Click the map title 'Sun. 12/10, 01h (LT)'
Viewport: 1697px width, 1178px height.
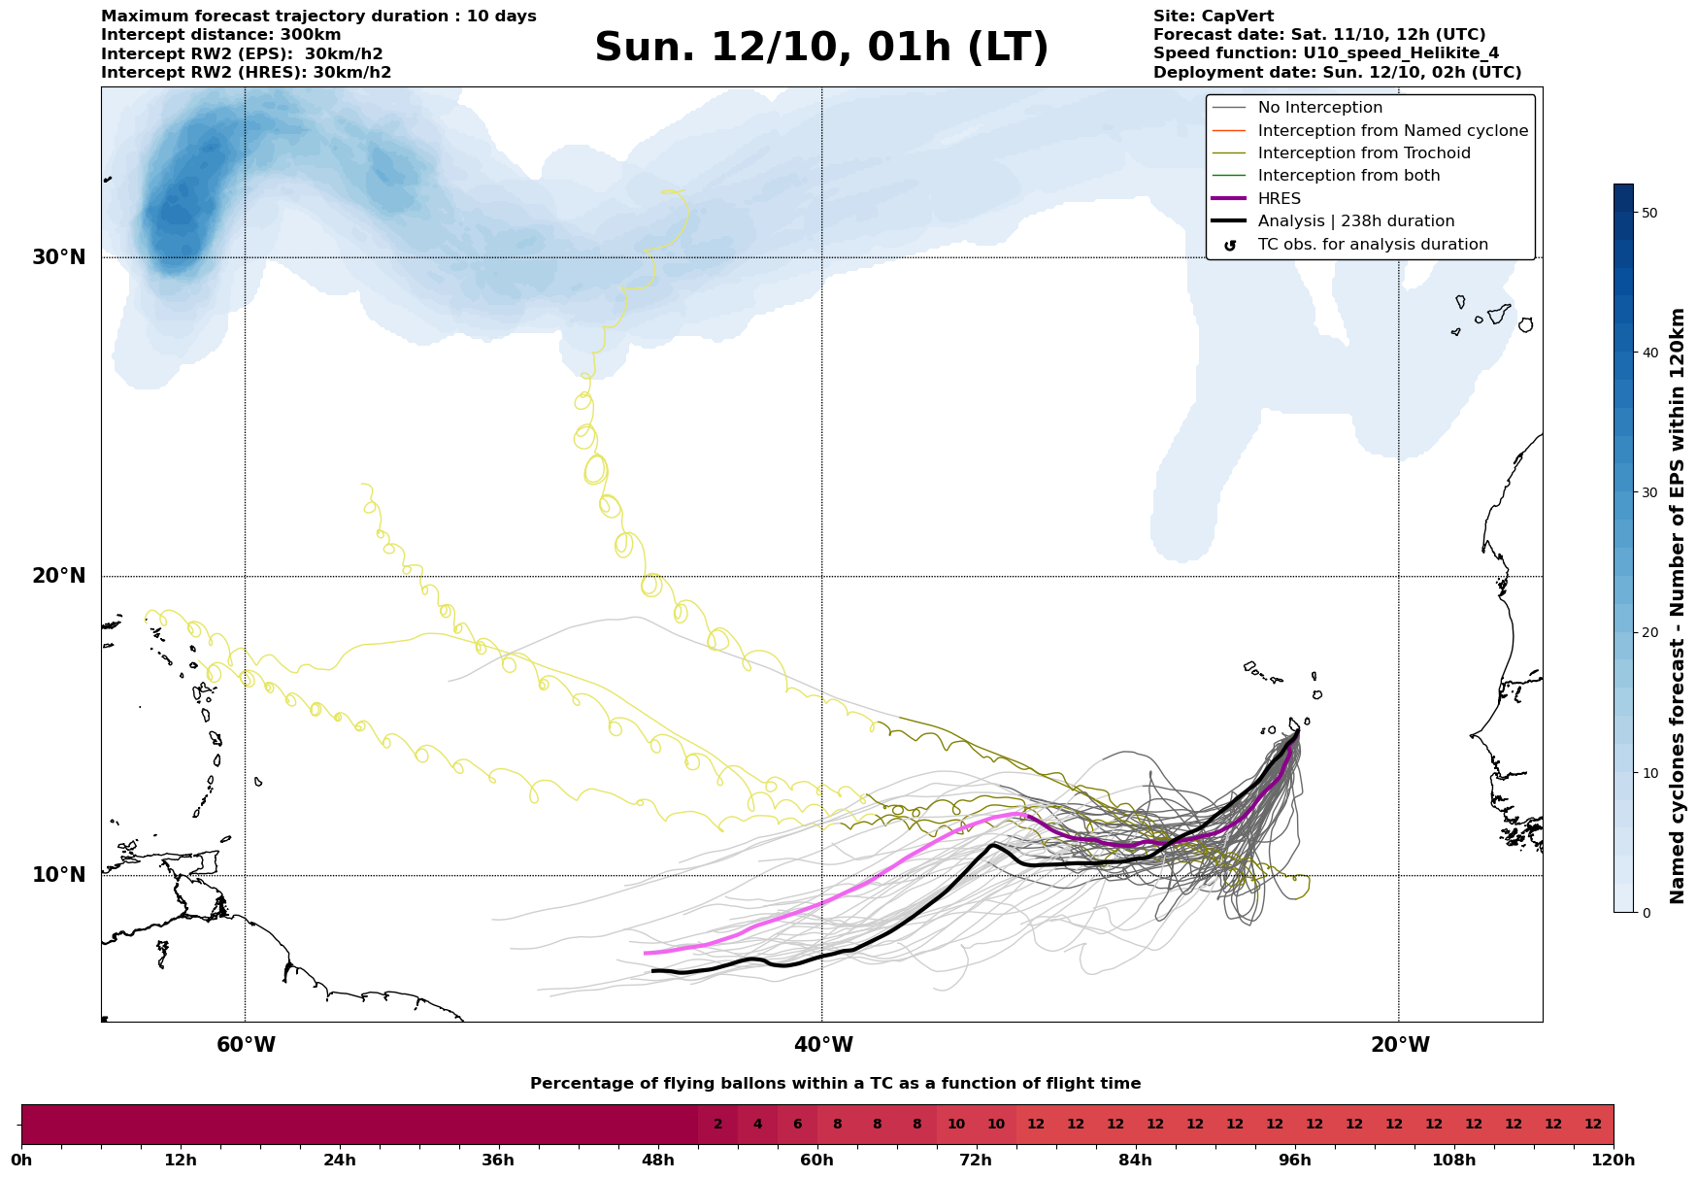pos(821,48)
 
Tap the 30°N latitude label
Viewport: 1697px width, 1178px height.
pos(59,257)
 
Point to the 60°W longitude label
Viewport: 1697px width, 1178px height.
pos(246,1045)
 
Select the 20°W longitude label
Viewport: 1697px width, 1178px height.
pos(1399,1045)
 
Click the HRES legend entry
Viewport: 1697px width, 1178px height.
pos(1279,198)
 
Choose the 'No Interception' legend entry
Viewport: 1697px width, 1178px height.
pos(1319,108)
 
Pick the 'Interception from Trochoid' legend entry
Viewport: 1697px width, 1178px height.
pos(1363,153)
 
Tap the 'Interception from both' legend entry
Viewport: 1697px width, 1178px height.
pos(1348,176)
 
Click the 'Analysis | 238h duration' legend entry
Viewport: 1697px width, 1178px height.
pos(1355,221)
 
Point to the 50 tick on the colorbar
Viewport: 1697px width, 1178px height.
pos(1649,213)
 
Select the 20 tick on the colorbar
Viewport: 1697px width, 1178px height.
pos(1649,633)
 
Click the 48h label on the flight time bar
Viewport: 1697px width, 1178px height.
pos(657,1160)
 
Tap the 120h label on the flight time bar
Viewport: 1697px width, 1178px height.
pos(1614,1160)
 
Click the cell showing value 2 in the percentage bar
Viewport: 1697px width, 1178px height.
pos(717,1125)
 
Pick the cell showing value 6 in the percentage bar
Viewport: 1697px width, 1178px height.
pos(797,1125)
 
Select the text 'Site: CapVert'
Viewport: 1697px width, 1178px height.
pos(1213,17)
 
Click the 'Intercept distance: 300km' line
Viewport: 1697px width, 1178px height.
pos(220,35)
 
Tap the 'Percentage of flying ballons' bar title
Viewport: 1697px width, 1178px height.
pos(835,1084)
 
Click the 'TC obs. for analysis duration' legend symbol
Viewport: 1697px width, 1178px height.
pos(1230,245)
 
